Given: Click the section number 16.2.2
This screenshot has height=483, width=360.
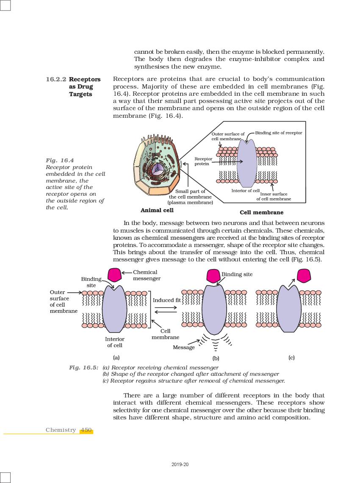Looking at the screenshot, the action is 56,79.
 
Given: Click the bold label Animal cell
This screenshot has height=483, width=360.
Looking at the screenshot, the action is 157,210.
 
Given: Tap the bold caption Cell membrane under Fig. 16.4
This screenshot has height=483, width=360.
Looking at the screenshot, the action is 261,212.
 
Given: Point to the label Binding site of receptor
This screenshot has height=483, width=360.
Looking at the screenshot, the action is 278,133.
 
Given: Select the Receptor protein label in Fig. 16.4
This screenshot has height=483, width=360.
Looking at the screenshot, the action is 203,161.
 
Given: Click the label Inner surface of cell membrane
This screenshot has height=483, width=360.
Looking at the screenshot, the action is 274,197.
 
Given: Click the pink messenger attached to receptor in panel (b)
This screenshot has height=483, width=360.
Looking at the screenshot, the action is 213,276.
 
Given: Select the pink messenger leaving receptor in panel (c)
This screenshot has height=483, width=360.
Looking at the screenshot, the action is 304,275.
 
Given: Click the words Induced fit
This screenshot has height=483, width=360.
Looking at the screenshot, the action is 166,300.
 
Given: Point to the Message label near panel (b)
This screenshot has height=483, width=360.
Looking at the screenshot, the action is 183,347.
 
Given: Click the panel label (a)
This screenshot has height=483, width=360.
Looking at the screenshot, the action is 116,357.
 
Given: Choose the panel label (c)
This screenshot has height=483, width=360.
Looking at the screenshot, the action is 291,357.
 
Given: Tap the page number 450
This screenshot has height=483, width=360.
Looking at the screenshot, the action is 86,430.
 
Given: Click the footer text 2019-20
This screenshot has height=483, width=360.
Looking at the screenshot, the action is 180,464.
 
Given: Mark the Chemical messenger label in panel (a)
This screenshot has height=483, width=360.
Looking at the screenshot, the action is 147,275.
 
